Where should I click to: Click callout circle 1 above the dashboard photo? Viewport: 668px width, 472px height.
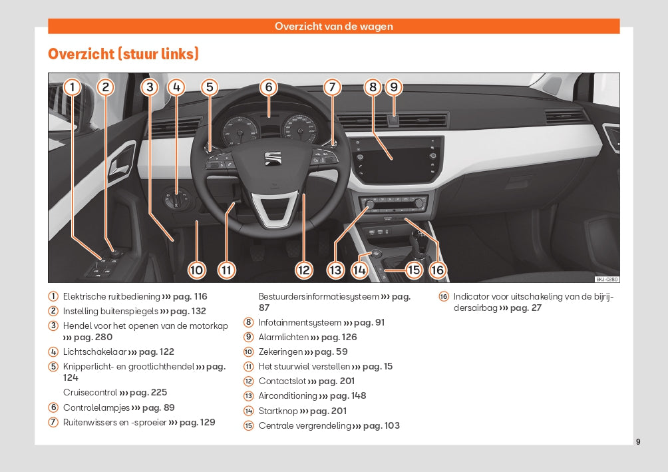coord(73,87)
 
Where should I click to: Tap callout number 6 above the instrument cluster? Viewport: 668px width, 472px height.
coord(268,87)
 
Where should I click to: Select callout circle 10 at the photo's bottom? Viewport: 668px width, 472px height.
coord(196,270)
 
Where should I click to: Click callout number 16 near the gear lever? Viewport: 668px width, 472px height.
coord(437,270)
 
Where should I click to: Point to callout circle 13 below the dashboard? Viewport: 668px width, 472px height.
coord(335,270)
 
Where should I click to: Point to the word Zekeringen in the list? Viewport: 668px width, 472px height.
coord(279,352)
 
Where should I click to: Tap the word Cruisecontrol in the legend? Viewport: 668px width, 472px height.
coord(90,393)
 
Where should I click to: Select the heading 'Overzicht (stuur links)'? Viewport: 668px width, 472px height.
coord(123,54)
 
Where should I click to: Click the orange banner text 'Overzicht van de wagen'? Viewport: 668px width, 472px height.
coord(334,27)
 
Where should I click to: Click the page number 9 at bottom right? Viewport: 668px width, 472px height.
coord(638,441)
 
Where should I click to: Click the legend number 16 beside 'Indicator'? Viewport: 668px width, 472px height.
coord(444,297)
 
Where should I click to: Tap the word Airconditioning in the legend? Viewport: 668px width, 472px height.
coord(287,396)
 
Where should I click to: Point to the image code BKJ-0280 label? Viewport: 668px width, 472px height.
coord(607,279)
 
